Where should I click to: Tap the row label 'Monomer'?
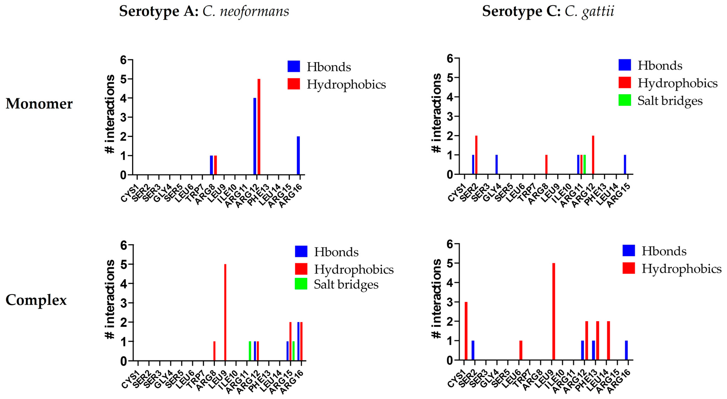[x=39, y=104]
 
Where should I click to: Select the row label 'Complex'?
[x=36, y=300]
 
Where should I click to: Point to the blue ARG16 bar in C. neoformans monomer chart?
[x=298, y=155]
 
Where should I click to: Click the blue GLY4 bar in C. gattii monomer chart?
[x=496, y=165]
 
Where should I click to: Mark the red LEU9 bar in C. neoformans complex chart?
[x=225, y=312]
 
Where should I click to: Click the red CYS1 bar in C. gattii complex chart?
[x=466, y=331]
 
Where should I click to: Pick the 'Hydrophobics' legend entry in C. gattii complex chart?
[x=681, y=268]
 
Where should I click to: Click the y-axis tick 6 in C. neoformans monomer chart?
[x=123, y=60]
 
